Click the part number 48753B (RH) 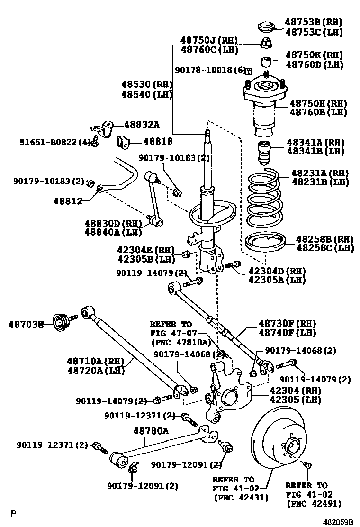click(313, 22)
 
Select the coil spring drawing click(266, 199)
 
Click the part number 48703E click(26, 325)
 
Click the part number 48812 click(68, 200)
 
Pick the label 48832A click(142, 125)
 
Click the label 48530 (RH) click(145, 84)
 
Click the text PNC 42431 click(241, 498)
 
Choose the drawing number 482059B click(338, 522)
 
